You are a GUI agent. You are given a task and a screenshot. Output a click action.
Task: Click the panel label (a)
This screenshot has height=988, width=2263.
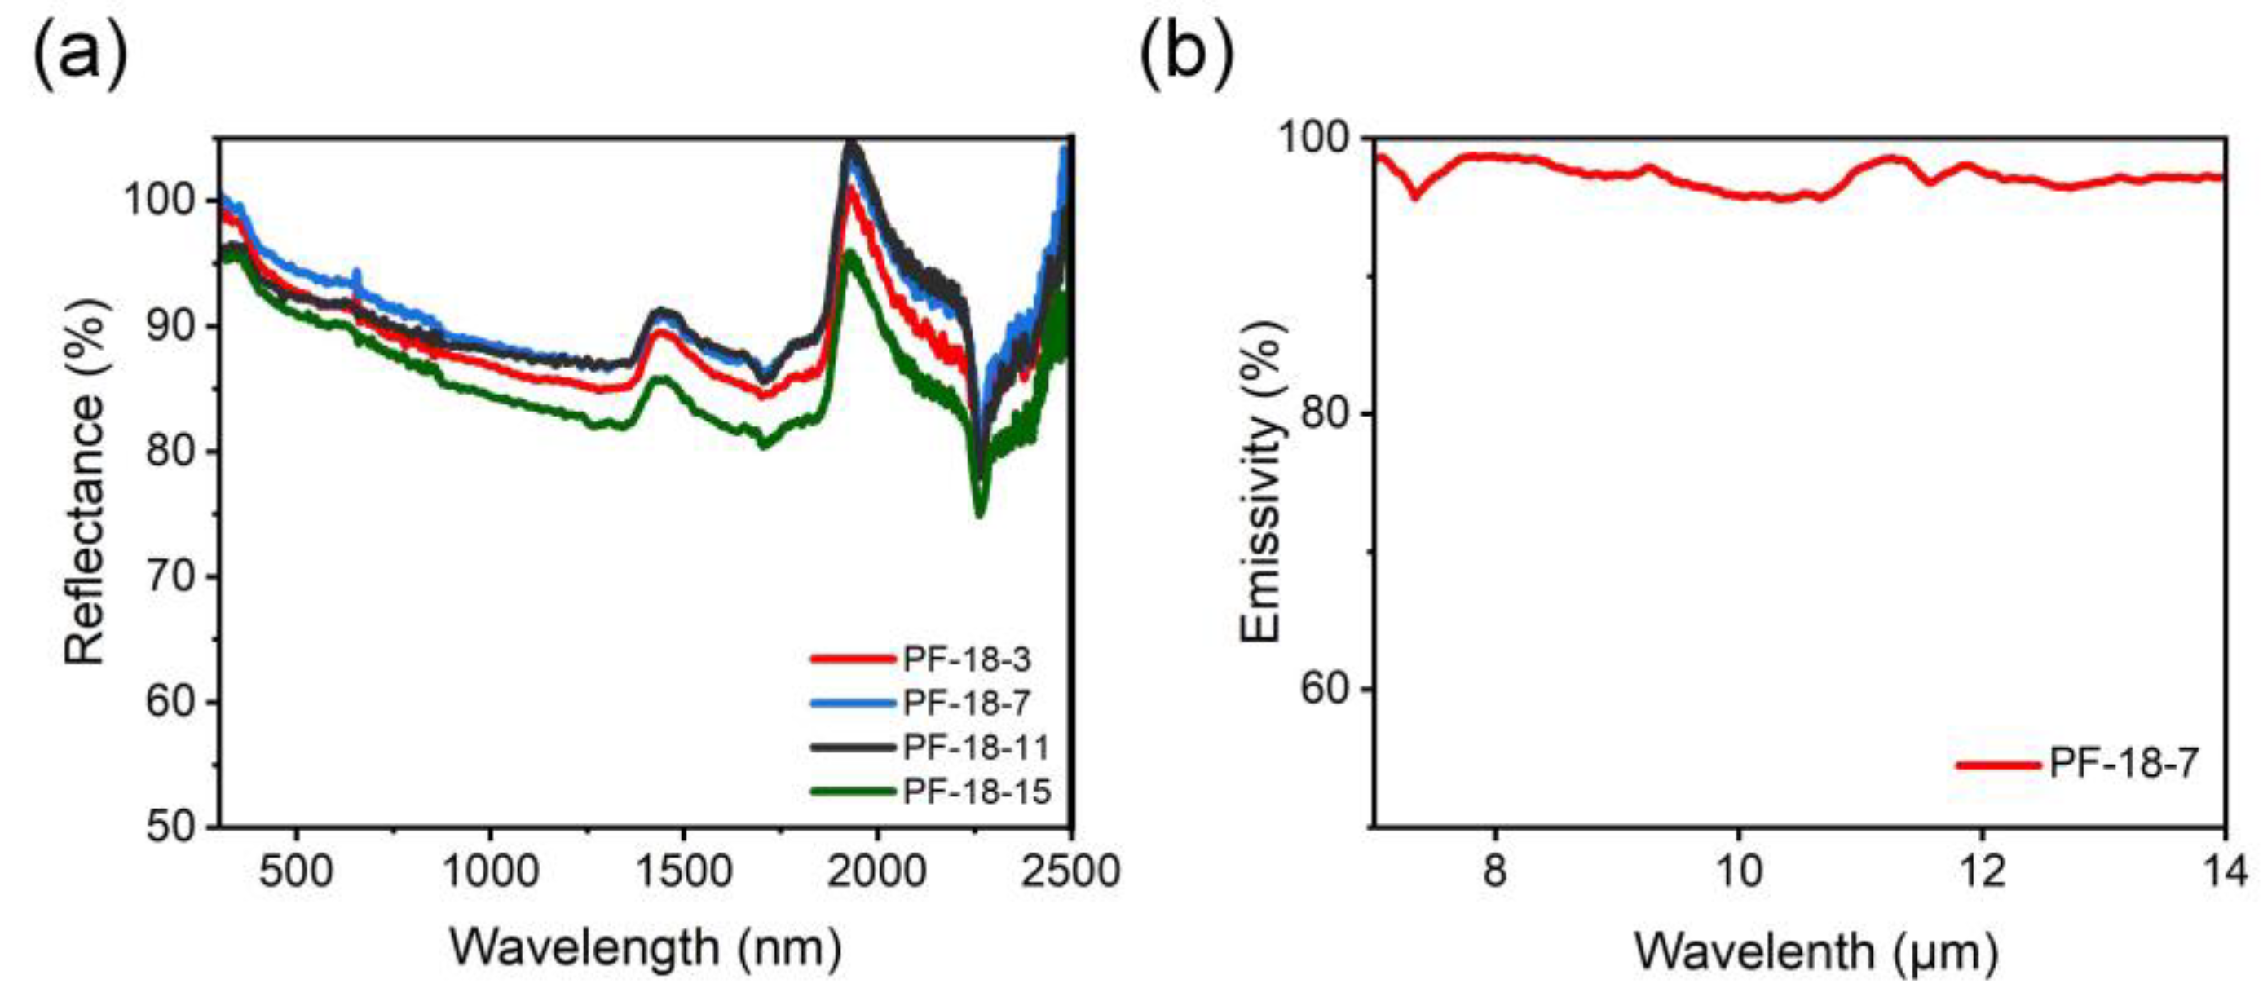pos(80,55)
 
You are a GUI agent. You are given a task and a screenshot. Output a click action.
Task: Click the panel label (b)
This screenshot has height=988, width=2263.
pos(1186,55)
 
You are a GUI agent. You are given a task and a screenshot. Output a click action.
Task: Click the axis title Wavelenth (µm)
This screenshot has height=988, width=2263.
pos(1815,951)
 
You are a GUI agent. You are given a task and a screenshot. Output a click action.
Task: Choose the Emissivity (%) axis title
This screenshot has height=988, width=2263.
pos(1261,481)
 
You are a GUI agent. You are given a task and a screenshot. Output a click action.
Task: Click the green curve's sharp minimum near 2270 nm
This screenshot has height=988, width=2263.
pos(980,514)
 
